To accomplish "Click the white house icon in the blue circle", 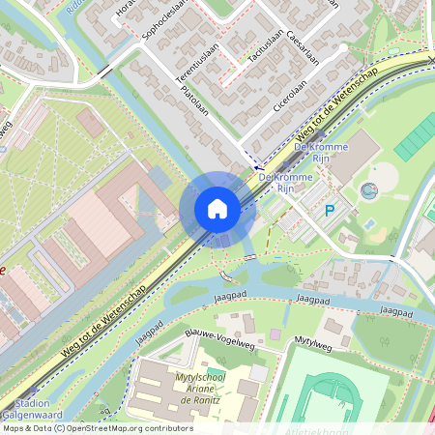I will coord(217,208).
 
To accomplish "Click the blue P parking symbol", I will coord(329,210).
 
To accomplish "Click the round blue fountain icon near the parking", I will coord(367,190).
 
